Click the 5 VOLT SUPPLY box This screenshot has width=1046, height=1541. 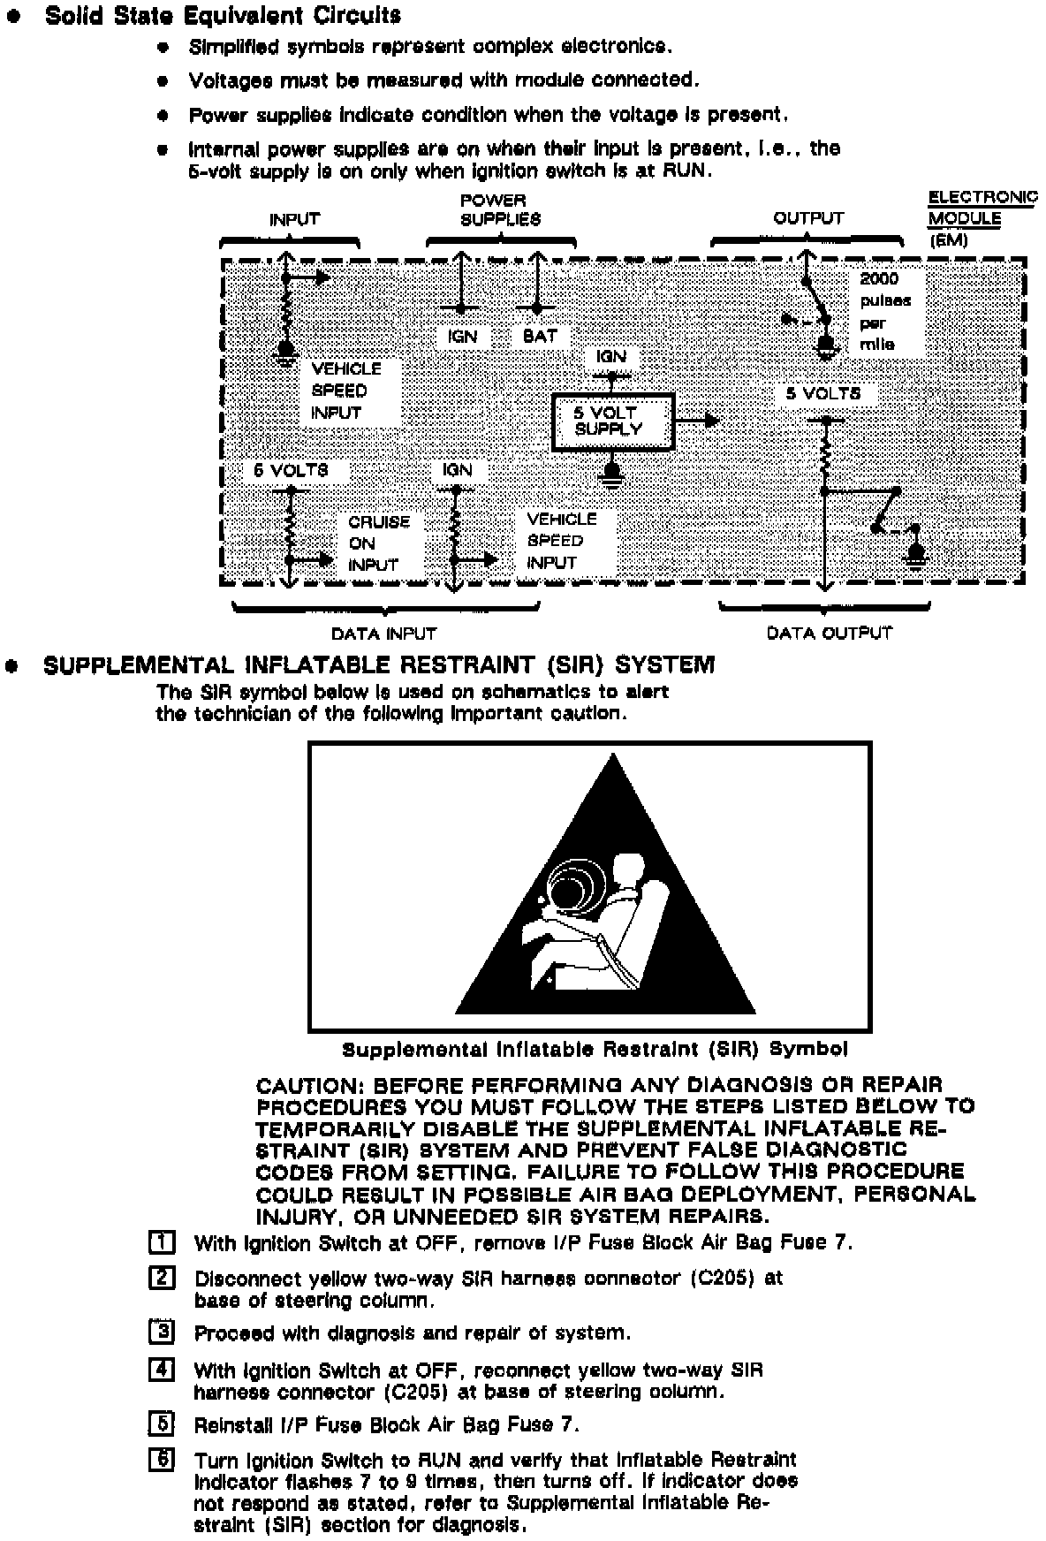(x=612, y=421)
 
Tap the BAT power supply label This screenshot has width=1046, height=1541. (x=540, y=336)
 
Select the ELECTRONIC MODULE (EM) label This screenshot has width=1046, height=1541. (x=980, y=218)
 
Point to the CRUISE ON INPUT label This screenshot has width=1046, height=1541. (x=378, y=543)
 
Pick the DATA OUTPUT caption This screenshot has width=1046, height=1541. (x=829, y=633)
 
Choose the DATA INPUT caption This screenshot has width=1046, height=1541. (x=383, y=634)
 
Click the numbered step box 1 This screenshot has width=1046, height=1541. (x=163, y=1242)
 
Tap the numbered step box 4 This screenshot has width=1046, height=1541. (x=163, y=1370)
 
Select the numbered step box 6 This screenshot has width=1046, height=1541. (x=163, y=1460)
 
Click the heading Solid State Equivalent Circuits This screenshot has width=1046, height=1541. (x=223, y=16)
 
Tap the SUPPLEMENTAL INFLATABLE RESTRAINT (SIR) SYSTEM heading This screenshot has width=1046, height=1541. (x=379, y=665)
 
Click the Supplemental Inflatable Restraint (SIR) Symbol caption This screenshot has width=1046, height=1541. (x=595, y=1050)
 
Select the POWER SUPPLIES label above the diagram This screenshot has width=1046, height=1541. (x=500, y=209)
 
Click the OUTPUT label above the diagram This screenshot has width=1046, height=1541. (x=808, y=218)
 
